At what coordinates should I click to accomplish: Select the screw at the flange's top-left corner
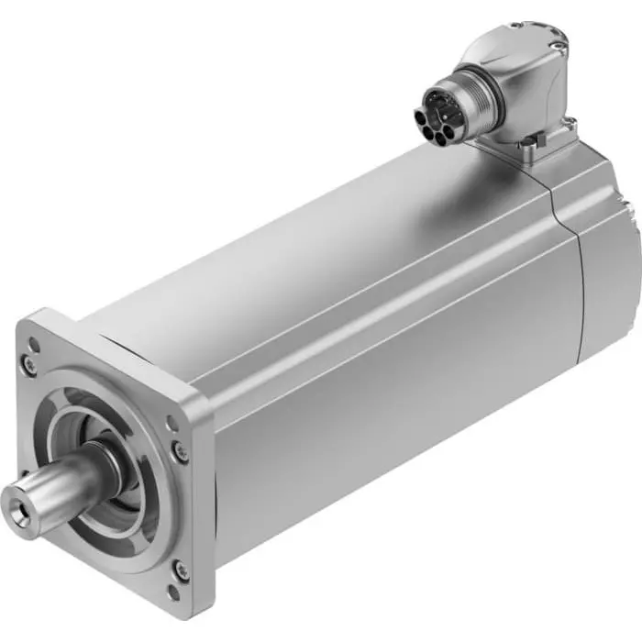32,364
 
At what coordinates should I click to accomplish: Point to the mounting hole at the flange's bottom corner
173,592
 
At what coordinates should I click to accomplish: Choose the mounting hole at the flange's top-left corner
34,344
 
